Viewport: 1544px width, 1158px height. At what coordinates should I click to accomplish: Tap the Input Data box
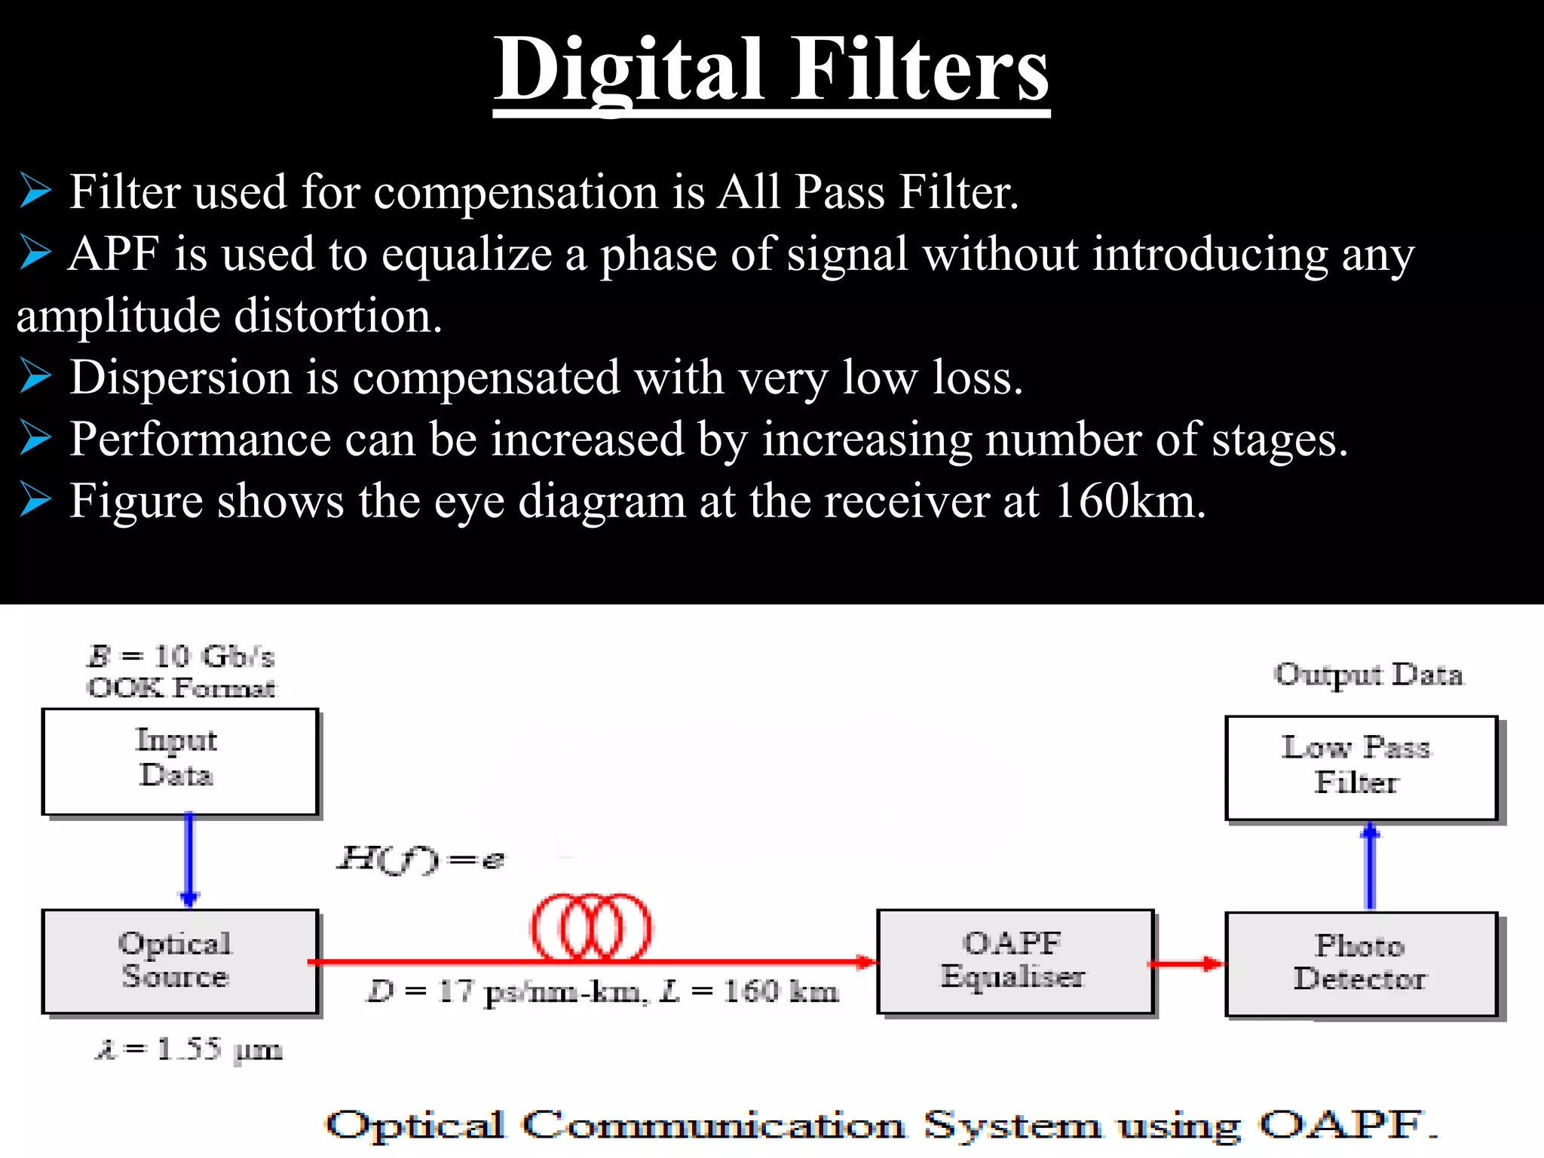[179, 761]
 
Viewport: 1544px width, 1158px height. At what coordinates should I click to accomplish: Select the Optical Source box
[179, 961]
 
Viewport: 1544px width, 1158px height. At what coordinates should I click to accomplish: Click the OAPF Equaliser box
[1015, 961]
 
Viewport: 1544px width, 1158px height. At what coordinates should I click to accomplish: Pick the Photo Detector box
[1361, 963]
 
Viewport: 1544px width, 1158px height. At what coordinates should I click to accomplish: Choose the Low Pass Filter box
[1360, 767]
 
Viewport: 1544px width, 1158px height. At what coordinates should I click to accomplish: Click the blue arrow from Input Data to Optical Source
[189, 859]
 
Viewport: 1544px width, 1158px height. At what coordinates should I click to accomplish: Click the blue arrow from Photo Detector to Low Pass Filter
[1371, 867]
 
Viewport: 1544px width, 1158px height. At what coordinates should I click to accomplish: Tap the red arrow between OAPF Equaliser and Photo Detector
[1186, 963]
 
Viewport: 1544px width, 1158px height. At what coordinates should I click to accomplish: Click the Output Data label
[1368, 674]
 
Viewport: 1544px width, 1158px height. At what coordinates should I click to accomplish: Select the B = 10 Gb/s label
[181, 657]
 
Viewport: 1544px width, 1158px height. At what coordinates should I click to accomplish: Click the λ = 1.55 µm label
[188, 1049]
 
